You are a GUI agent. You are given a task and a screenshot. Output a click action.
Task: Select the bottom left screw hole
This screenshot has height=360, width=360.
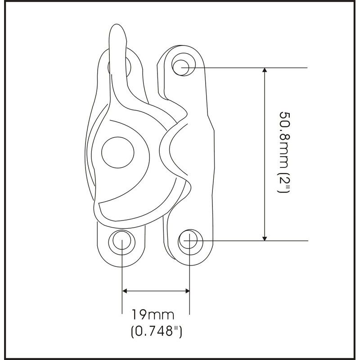122,240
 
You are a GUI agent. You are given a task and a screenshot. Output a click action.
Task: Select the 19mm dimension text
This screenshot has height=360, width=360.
156,314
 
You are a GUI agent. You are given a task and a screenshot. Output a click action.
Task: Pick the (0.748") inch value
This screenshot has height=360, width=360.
156,332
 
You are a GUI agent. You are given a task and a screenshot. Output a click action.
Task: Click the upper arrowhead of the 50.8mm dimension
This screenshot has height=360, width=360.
265,72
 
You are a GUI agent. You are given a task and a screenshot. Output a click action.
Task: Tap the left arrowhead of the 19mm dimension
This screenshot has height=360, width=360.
126,291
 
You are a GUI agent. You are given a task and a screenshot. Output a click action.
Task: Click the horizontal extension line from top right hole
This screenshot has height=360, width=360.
252,67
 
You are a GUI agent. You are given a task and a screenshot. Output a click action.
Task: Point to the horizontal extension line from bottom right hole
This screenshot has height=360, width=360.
252,241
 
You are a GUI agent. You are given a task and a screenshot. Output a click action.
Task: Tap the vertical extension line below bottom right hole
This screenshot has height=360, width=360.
189,279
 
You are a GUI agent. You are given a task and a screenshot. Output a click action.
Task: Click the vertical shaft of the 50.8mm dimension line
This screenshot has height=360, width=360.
265,153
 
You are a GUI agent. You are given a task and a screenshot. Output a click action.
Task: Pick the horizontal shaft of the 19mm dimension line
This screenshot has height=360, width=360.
156,291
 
